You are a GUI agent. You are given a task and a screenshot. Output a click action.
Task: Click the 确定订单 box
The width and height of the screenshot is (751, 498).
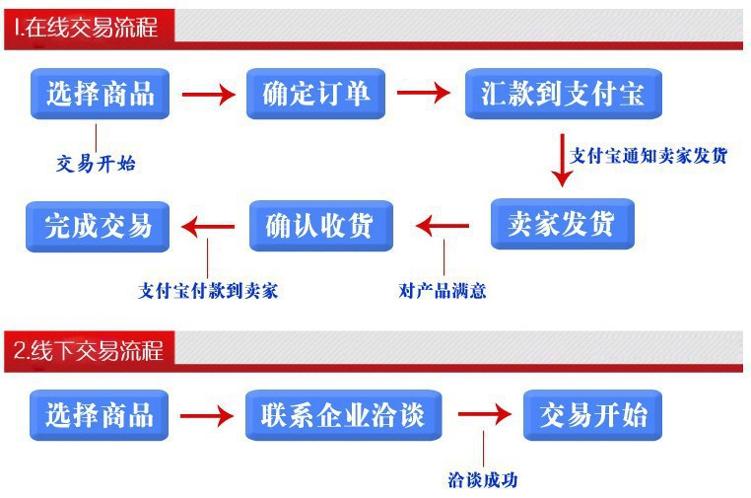pyautogui.click(x=315, y=94)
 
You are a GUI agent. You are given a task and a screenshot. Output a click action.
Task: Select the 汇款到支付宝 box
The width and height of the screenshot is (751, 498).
pyautogui.click(x=563, y=94)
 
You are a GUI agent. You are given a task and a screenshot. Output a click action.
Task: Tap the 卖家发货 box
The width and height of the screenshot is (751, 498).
pyautogui.click(x=562, y=224)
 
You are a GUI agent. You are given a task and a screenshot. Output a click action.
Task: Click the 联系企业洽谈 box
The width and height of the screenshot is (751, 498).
pyautogui.click(x=343, y=414)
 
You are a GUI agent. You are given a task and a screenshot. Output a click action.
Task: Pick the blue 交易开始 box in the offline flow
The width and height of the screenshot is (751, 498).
pyautogui.click(x=592, y=414)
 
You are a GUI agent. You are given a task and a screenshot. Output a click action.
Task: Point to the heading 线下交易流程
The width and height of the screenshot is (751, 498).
pyautogui.click(x=88, y=350)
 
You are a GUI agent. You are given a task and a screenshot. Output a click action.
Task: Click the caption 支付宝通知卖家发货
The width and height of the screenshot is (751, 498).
pyautogui.click(x=649, y=155)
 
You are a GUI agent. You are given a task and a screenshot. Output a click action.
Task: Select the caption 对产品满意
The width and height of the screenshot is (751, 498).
pyautogui.click(x=443, y=291)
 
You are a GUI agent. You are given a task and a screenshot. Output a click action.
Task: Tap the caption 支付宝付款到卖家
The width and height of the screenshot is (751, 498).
pyautogui.click(x=208, y=291)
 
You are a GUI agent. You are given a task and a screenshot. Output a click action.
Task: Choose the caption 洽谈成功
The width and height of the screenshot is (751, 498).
pyautogui.click(x=482, y=480)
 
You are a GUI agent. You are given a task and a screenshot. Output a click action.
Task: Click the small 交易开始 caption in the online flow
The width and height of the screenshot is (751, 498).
pyautogui.click(x=96, y=164)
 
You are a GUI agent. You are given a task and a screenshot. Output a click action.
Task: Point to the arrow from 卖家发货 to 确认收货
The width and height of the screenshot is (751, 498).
pyautogui.click(x=443, y=226)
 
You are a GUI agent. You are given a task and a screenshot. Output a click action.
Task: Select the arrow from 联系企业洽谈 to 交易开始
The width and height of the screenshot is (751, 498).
pyautogui.click(x=484, y=415)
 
